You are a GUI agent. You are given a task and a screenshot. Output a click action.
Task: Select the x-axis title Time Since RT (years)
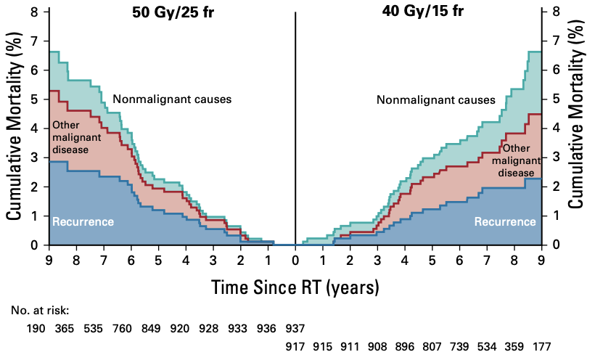pos(295,288)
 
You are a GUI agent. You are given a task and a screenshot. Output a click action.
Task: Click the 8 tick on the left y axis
pos(35,12)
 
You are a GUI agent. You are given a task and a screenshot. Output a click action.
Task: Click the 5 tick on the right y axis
pos(555,99)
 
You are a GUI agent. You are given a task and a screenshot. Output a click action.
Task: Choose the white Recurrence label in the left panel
pos(83,221)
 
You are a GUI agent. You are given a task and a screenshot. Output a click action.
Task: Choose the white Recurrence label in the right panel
pos(505,221)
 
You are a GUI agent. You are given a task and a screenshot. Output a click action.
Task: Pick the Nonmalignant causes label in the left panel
pos(172,99)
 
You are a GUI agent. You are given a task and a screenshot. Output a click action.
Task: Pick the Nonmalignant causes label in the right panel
pos(436,100)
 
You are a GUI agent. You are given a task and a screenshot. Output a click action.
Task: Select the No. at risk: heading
pos(40,311)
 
